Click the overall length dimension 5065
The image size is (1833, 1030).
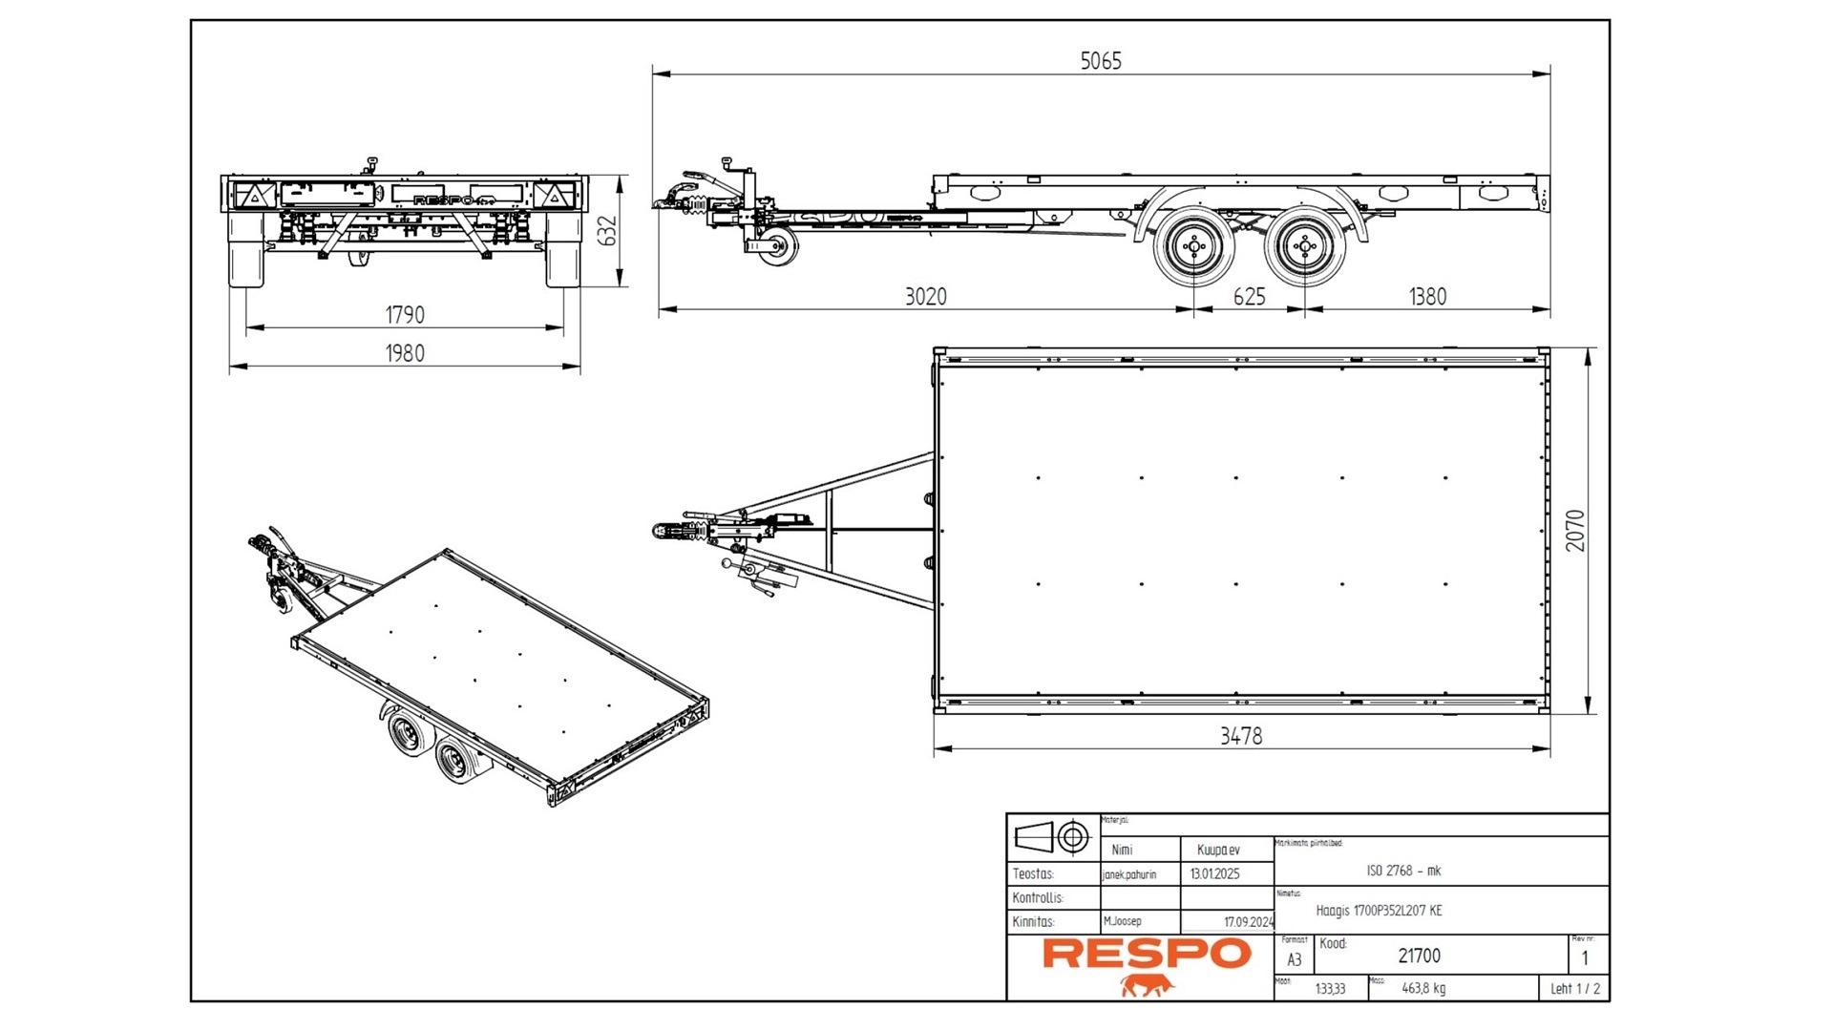(x=1100, y=61)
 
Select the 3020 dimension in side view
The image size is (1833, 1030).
(x=925, y=297)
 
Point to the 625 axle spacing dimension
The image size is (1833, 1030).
(x=1248, y=297)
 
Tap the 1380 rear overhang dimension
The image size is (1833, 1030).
(x=1427, y=297)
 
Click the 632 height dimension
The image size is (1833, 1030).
(x=607, y=231)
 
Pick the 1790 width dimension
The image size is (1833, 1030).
(x=404, y=315)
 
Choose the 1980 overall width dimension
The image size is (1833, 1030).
(x=404, y=353)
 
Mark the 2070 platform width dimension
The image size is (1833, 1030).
(x=1574, y=530)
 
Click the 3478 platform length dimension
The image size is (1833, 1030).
(x=1240, y=736)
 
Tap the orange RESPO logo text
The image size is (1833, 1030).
(x=1146, y=954)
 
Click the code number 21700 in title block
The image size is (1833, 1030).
(x=1419, y=956)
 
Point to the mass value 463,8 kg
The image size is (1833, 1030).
(x=1422, y=989)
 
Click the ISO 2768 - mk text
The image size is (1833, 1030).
(x=1403, y=871)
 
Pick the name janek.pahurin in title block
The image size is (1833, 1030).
(x=1128, y=874)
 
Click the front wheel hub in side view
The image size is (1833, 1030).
(x=1193, y=247)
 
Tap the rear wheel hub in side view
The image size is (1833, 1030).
(x=1304, y=247)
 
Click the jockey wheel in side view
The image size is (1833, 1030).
(x=778, y=247)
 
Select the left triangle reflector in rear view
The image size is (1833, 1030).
(x=255, y=197)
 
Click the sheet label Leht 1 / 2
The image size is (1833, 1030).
(x=1574, y=989)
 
